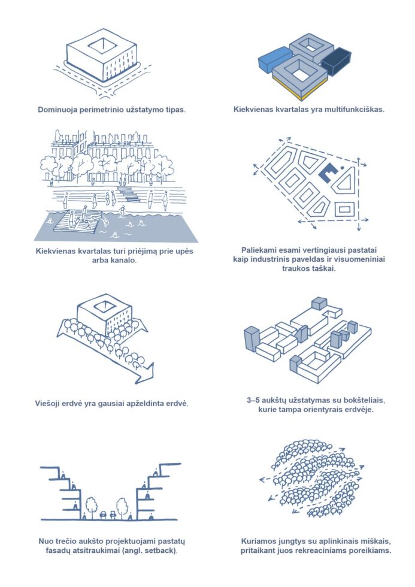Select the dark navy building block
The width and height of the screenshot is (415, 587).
[x=337, y=61]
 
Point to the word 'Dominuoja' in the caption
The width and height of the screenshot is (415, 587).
[x=57, y=110]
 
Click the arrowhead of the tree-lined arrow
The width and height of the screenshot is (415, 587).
[x=144, y=373]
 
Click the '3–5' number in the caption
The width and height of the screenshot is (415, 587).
[x=253, y=400]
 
